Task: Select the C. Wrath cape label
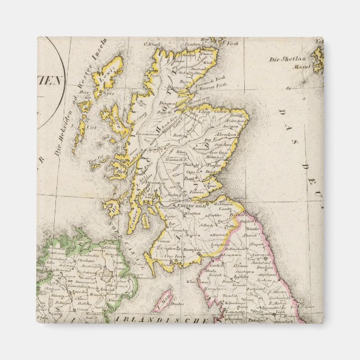pyautogui.click(x=153, y=45)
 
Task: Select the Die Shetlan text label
pyautogui.click(x=287, y=59)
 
